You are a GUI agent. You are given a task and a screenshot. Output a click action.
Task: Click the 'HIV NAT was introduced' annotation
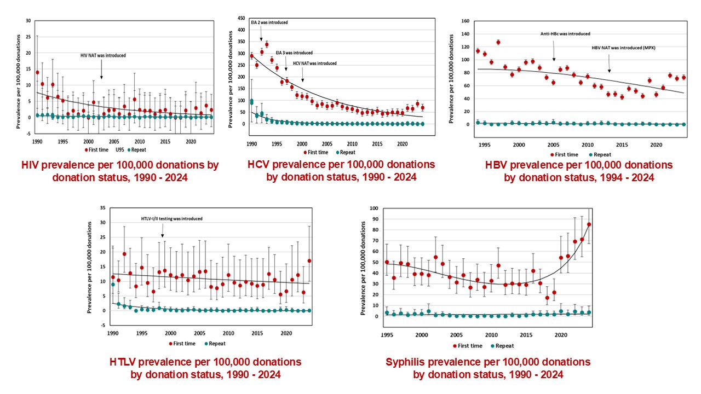pyautogui.click(x=103, y=55)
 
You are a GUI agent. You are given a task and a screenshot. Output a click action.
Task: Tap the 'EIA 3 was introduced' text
pyautogui.click(x=294, y=53)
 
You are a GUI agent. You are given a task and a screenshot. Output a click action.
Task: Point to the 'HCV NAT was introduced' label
pyautogui.click(x=314, y=63)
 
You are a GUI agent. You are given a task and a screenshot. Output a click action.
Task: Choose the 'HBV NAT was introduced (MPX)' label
pyautogui.click(x=623, y=48)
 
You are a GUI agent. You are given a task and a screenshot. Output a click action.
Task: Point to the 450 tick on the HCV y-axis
pyautogui.click(x=241, y=19)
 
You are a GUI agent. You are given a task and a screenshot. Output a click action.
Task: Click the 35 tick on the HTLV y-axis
pyautogui.click(x=104, y=208)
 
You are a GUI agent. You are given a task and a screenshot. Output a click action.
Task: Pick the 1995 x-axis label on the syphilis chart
pyautogui.click(x=387, y=335)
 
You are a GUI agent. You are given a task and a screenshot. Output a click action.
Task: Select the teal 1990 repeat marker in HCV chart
pyautogui.click(x=251, y=102)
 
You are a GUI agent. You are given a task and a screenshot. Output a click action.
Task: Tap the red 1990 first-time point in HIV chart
pyautogui.click(x=37, y=72)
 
